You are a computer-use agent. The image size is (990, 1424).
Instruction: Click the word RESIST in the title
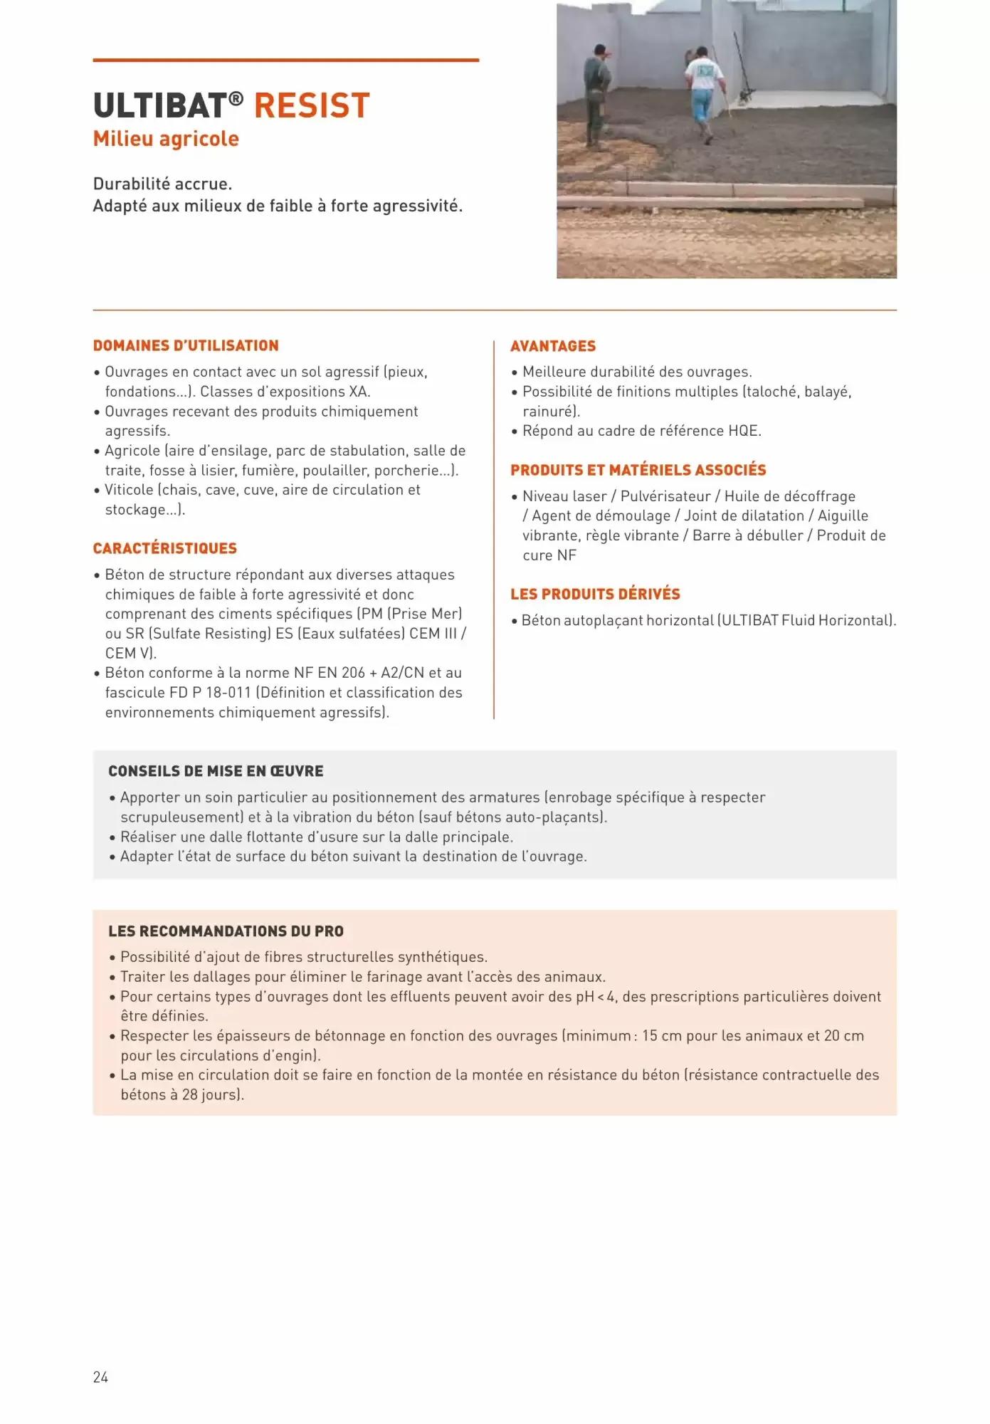point(312,106)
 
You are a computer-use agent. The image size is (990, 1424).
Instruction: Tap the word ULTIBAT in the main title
point(159,106)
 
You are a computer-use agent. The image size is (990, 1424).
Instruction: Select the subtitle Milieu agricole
point(166,139)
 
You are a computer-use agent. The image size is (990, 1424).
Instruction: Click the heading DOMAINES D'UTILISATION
point(186,346)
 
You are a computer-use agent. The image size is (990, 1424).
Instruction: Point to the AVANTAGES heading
point(553,346)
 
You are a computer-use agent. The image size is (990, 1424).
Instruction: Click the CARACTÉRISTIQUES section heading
point(165,548)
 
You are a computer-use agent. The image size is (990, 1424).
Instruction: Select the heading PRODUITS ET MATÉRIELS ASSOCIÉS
point(638,470)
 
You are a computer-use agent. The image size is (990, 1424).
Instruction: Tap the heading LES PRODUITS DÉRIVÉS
point(595,594)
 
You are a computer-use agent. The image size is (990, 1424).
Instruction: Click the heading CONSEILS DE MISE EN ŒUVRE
point(216,771)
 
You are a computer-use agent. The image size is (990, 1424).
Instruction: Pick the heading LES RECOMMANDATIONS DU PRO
point(226,931)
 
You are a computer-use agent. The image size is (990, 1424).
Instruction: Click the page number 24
point(100,1377)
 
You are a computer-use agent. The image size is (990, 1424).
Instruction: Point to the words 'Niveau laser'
point(564,496)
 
